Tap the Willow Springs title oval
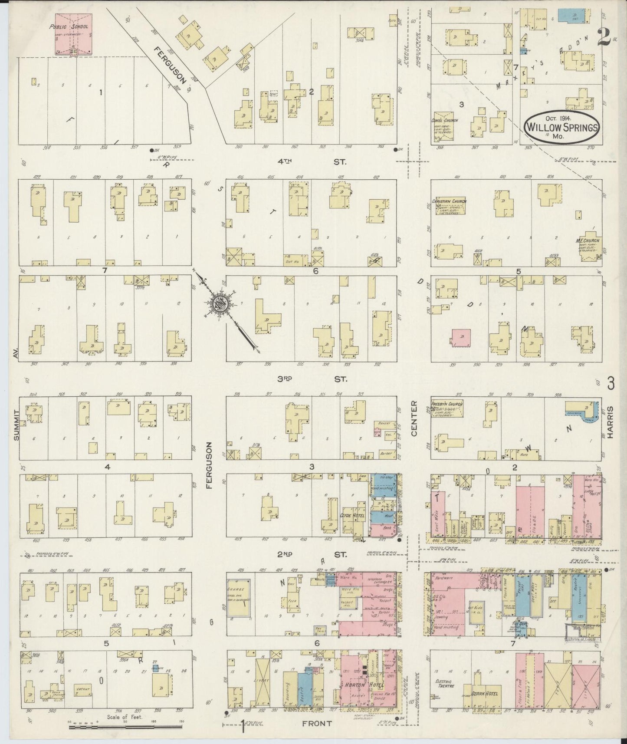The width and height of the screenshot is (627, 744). tap(562, 126)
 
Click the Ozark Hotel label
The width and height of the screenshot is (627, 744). tap(484, 694)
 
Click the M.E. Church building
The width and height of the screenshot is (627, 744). tap(592, 247)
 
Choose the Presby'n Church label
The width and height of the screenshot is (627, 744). tap(447, 404)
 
